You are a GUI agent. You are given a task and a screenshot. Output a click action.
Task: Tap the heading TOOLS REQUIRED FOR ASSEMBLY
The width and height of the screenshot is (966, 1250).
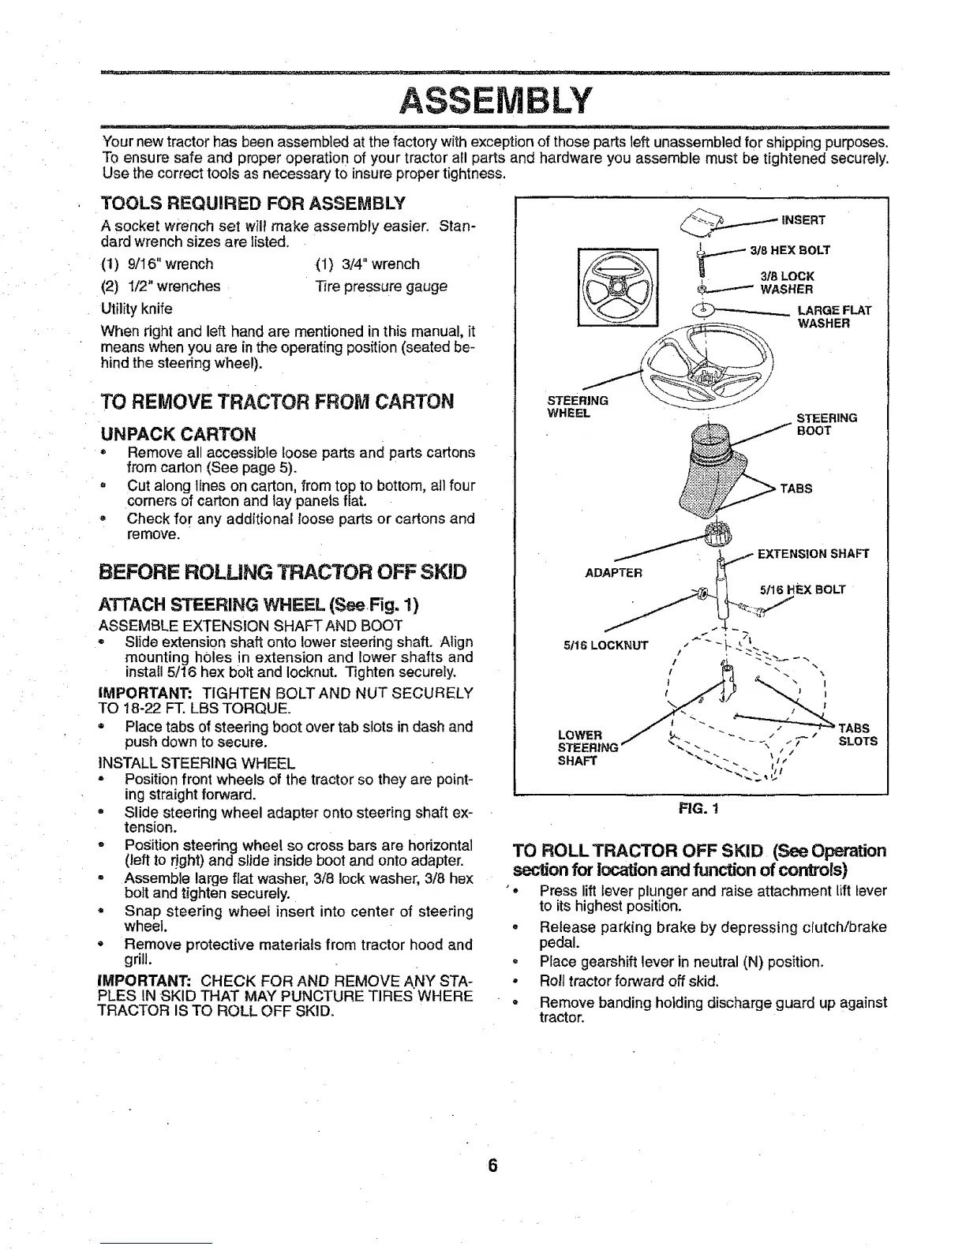coord(253,203)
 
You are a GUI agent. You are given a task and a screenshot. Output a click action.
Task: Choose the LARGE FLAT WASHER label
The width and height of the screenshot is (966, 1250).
coord(834,316)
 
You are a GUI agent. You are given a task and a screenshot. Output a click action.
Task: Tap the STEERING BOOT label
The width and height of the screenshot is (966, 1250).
coord(826,425)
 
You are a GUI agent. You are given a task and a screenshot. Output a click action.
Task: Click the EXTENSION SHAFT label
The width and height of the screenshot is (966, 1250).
coord(813,554)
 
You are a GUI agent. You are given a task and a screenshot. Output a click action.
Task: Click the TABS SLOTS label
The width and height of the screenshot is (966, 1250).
coord(857,735)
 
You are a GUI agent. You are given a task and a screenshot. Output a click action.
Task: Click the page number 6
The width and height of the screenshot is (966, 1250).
coord(491,1166)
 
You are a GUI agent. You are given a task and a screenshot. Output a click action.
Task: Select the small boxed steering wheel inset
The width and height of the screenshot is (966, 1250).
coord(618,287)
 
